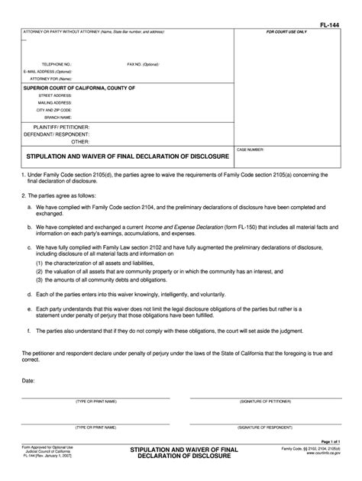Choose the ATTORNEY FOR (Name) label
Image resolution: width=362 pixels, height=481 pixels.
tap(50, 79)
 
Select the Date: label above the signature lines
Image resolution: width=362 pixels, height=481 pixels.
tap(28, 379)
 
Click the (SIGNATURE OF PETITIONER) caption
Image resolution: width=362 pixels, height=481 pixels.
tap(266, 401)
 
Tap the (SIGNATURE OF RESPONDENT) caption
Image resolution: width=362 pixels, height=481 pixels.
tap(266, 428)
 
